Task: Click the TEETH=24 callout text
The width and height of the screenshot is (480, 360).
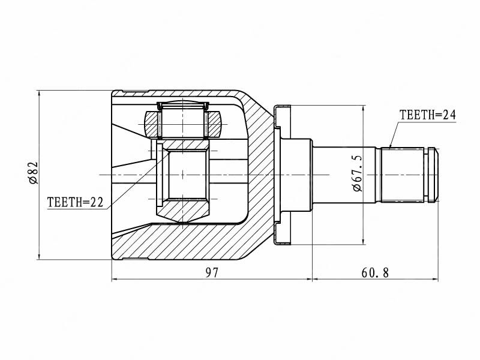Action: pyautogui.click(x=428, y=115)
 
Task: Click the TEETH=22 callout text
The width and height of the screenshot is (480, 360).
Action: pyautogui.click(x=76, y=202)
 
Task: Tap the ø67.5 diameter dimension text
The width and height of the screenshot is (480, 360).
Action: pyautogui.click(x=357, y=173)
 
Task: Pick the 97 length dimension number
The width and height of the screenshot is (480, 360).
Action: pyautogui.click(x=212, y=272)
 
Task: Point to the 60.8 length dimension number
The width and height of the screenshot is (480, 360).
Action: pyautogui.click(x=375, y=272)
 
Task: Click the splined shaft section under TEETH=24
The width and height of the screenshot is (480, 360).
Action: pyautogui.click(x=402, y=175)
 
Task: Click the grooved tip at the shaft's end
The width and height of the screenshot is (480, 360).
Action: pyautogui.click(x=431, y=175)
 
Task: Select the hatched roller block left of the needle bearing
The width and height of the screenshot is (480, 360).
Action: pyautogui.click(x=151, y=124)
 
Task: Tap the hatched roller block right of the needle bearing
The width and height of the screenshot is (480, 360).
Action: pyautogui.click(x=214, y=124)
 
